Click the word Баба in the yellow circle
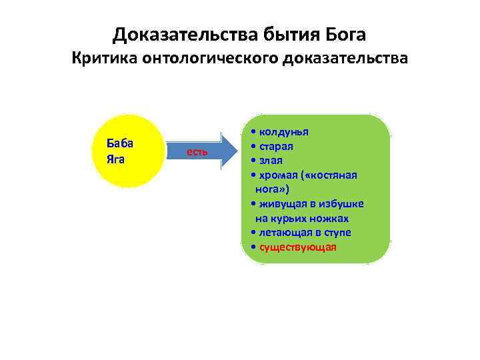pos(120,143)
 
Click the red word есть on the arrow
pos(197,152)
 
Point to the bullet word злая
pos(271,160)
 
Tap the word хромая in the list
pos(279,175)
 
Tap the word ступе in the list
pos(338,232)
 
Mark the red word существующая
pos(298,247)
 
